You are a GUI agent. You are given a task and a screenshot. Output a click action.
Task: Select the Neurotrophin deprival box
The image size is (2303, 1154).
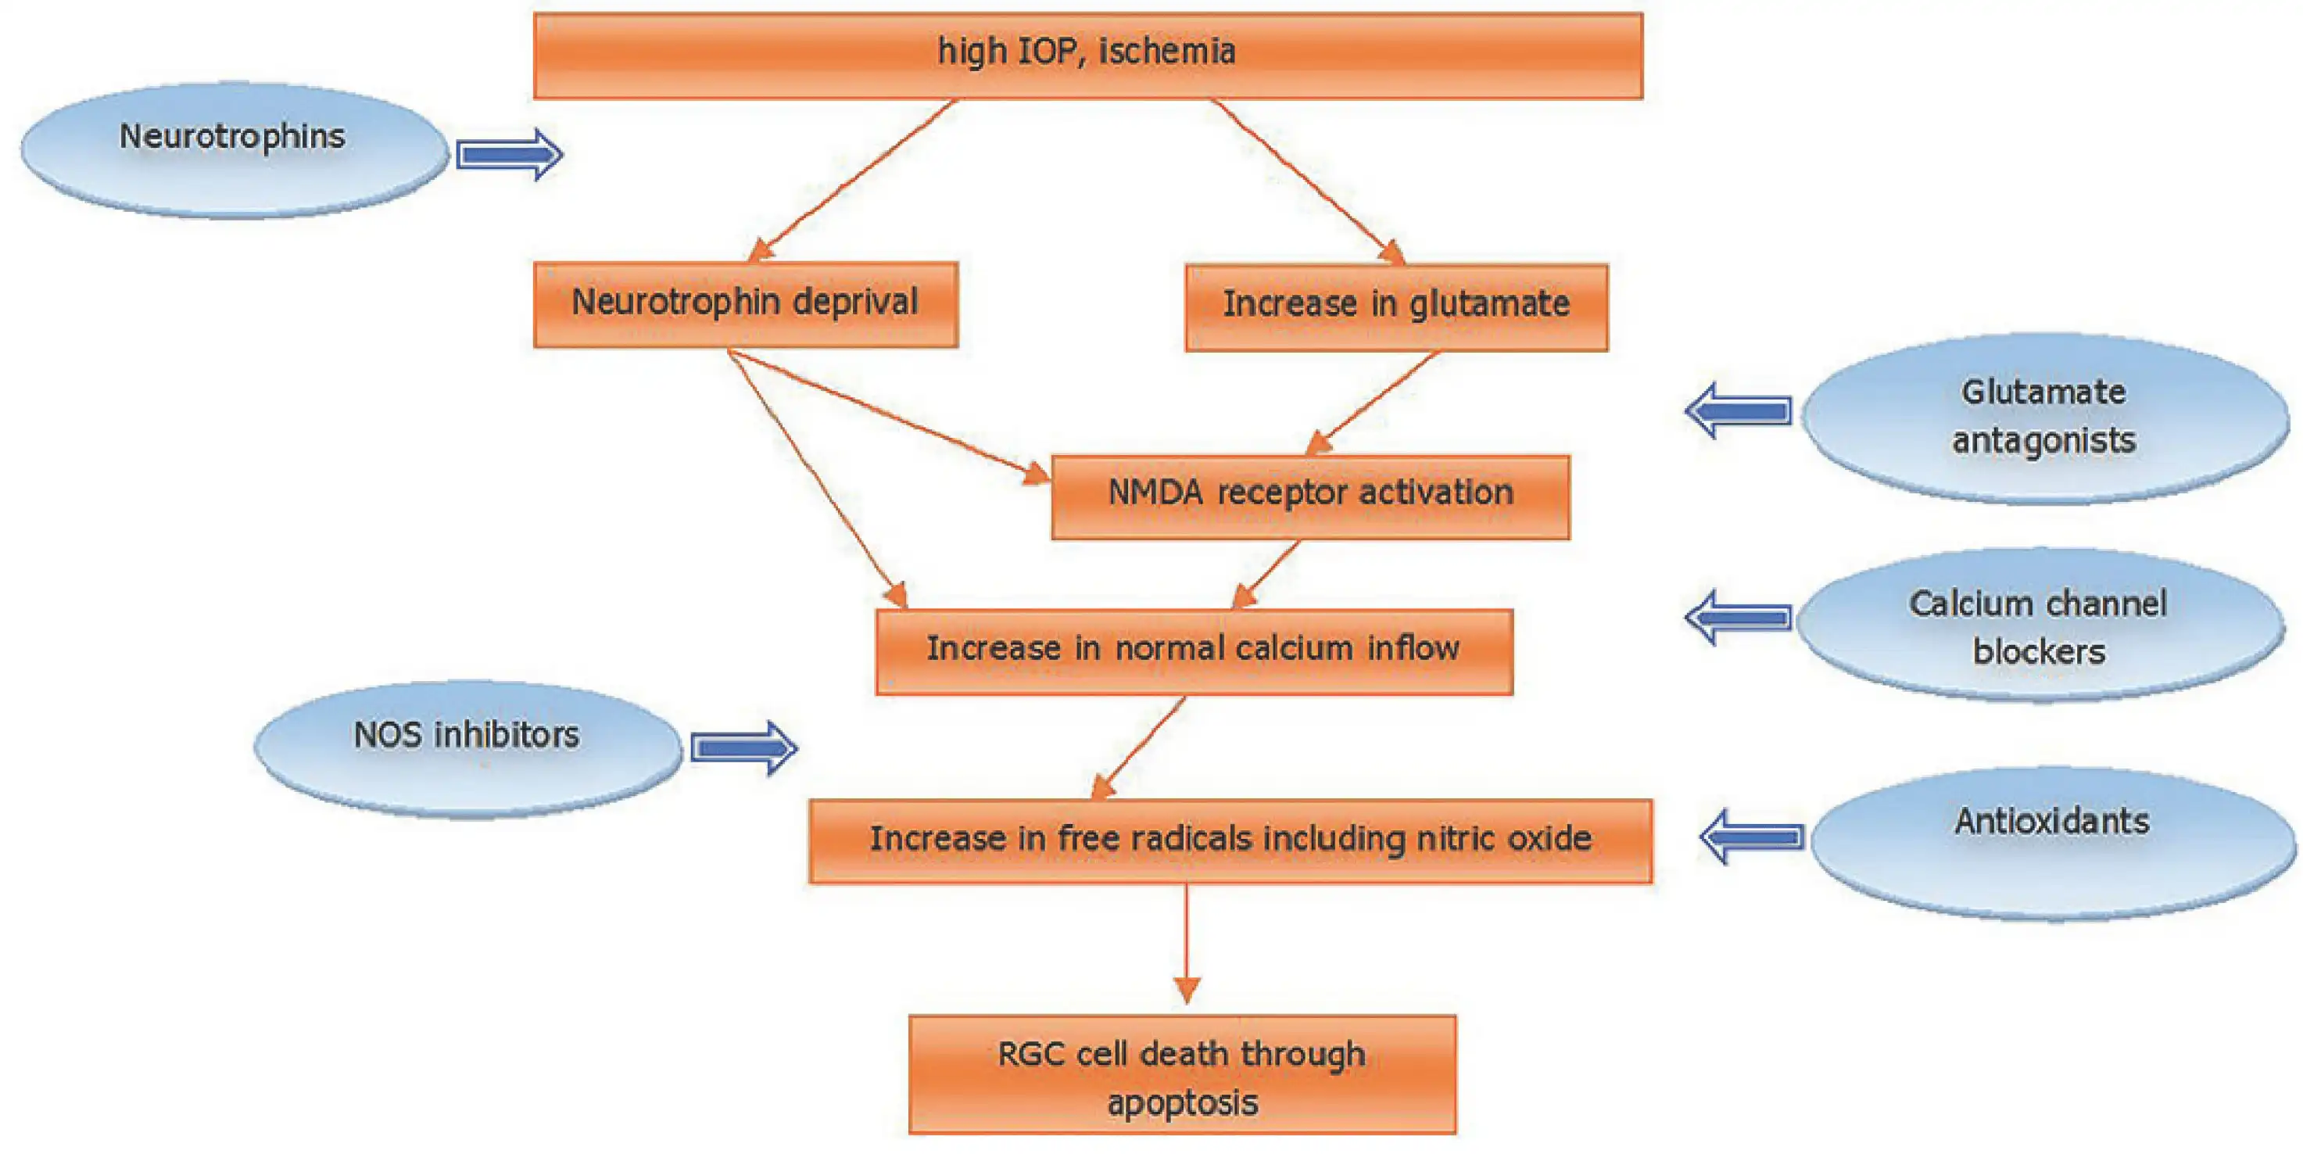tap(745, 303)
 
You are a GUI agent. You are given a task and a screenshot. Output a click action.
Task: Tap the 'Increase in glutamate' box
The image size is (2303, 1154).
tap(1395, 306)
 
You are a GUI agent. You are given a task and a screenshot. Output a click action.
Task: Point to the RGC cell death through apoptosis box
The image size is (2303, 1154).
tap(1182, 1074)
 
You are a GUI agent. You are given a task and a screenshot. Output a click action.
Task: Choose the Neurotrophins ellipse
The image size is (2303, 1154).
tap(233, 149)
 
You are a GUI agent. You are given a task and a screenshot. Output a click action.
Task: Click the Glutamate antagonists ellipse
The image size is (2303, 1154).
tap(2043, 418)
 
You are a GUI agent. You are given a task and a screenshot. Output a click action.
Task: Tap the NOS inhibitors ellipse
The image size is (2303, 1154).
tap(467, 747)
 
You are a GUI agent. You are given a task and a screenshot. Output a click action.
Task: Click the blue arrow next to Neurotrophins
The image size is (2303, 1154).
tap(509, 155)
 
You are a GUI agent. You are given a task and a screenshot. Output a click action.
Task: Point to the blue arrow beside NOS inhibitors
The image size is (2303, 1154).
tap(743, 747)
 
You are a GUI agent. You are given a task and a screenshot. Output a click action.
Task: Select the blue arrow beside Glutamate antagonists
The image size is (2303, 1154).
tap(1739, 410)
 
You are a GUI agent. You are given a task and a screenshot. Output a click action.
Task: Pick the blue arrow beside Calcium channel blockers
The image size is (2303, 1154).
tap(1739, 617)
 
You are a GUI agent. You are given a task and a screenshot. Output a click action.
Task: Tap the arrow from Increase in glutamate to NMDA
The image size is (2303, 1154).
tap(1375, 401)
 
